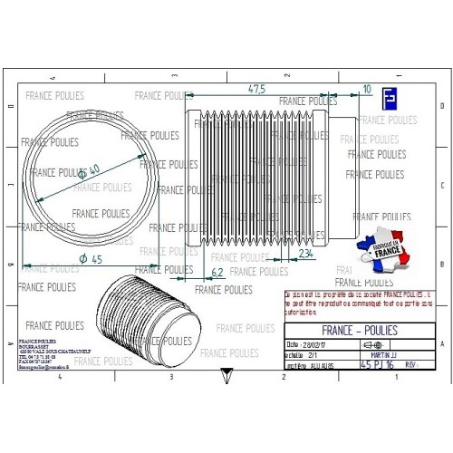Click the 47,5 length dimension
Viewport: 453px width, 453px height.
(256, 89)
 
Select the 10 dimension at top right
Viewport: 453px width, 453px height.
(366, 89)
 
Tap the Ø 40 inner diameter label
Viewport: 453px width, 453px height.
(88, 171)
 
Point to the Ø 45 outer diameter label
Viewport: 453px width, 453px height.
(89, 260)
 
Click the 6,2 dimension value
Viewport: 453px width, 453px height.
(217, 271)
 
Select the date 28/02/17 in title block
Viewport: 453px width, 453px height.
(310, 345)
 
